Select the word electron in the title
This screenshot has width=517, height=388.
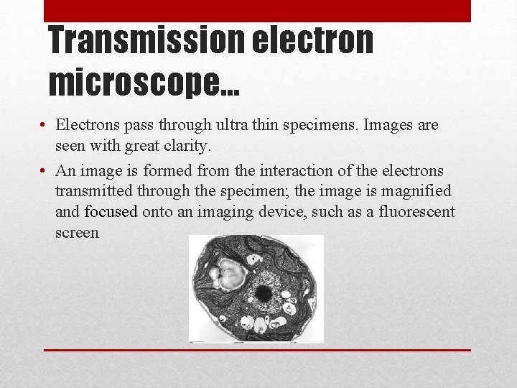coord(312,41)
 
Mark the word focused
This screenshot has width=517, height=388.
coord(111,212)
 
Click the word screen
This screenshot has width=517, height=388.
coord(77,233)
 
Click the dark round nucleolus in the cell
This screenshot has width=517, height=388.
coord(264,292)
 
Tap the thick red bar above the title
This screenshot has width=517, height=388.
coord(257,11)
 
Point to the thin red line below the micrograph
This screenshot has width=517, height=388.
coord(257,350)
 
